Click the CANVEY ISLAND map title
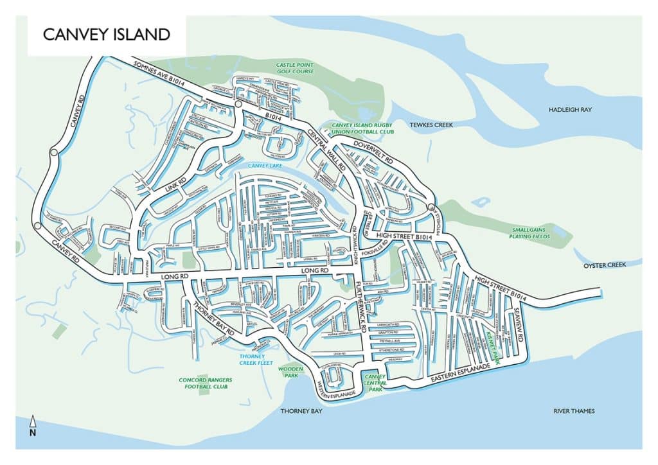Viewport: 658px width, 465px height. point(107,35)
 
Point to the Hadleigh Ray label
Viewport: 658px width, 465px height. point(569,110)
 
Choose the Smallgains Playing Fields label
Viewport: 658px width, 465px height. point(532,234)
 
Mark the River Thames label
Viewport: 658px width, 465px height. point(574,411)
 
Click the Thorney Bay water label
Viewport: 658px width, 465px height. point(301,411)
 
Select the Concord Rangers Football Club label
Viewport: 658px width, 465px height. point(205,383)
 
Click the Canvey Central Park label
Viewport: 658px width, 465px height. point(374,383)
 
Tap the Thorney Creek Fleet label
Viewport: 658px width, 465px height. point(256,360)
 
